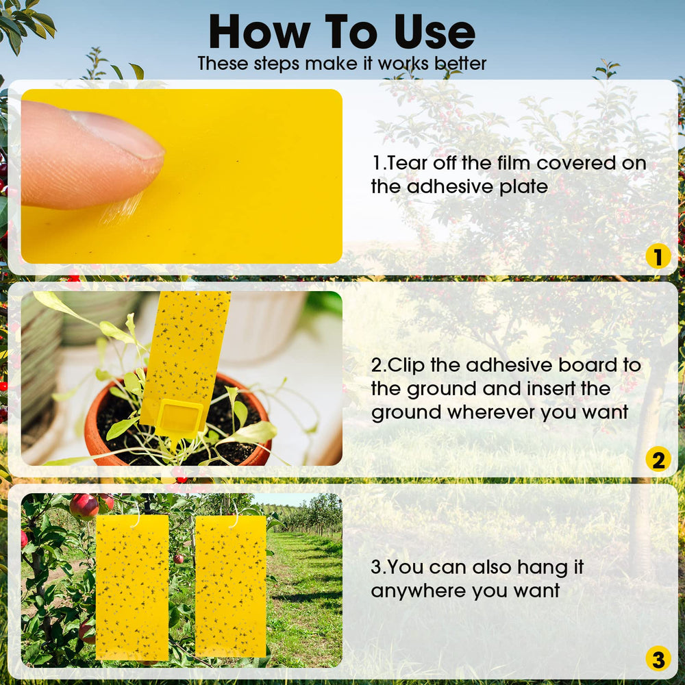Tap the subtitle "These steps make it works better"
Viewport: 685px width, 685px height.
(x=342, y=64)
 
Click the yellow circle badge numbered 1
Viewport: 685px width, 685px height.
(x=658, y=256)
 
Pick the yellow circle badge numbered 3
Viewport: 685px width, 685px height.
(x=658, y=659)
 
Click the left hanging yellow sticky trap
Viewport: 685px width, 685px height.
(x=132, y=587)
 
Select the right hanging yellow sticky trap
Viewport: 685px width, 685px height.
(x=231, y=586)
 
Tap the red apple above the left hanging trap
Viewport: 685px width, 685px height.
(x=84, y=507)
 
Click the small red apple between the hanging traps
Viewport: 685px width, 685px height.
(x=178, y=559)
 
